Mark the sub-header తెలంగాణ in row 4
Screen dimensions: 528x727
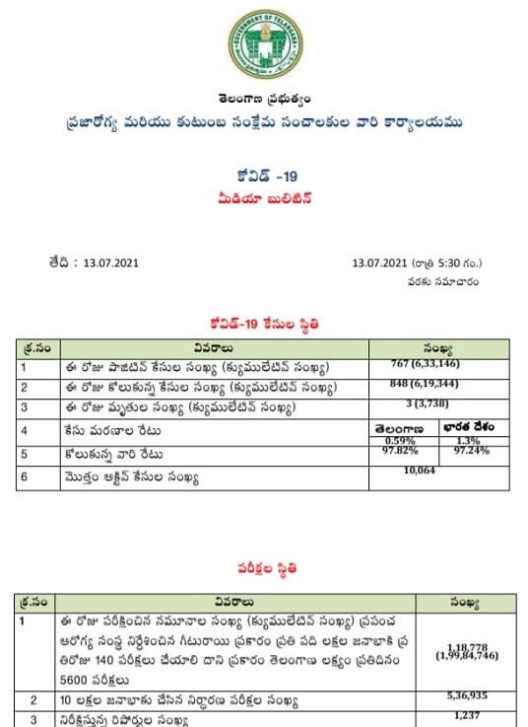tap(400, 428)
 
